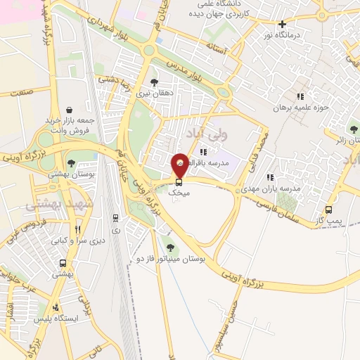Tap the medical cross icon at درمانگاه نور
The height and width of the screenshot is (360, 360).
tap(282, 23)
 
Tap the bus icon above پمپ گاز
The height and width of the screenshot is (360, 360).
tap(328, 210)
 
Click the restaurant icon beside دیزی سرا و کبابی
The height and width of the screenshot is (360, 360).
tap(78, 229)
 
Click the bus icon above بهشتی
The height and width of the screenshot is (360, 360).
tap(63, 264)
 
